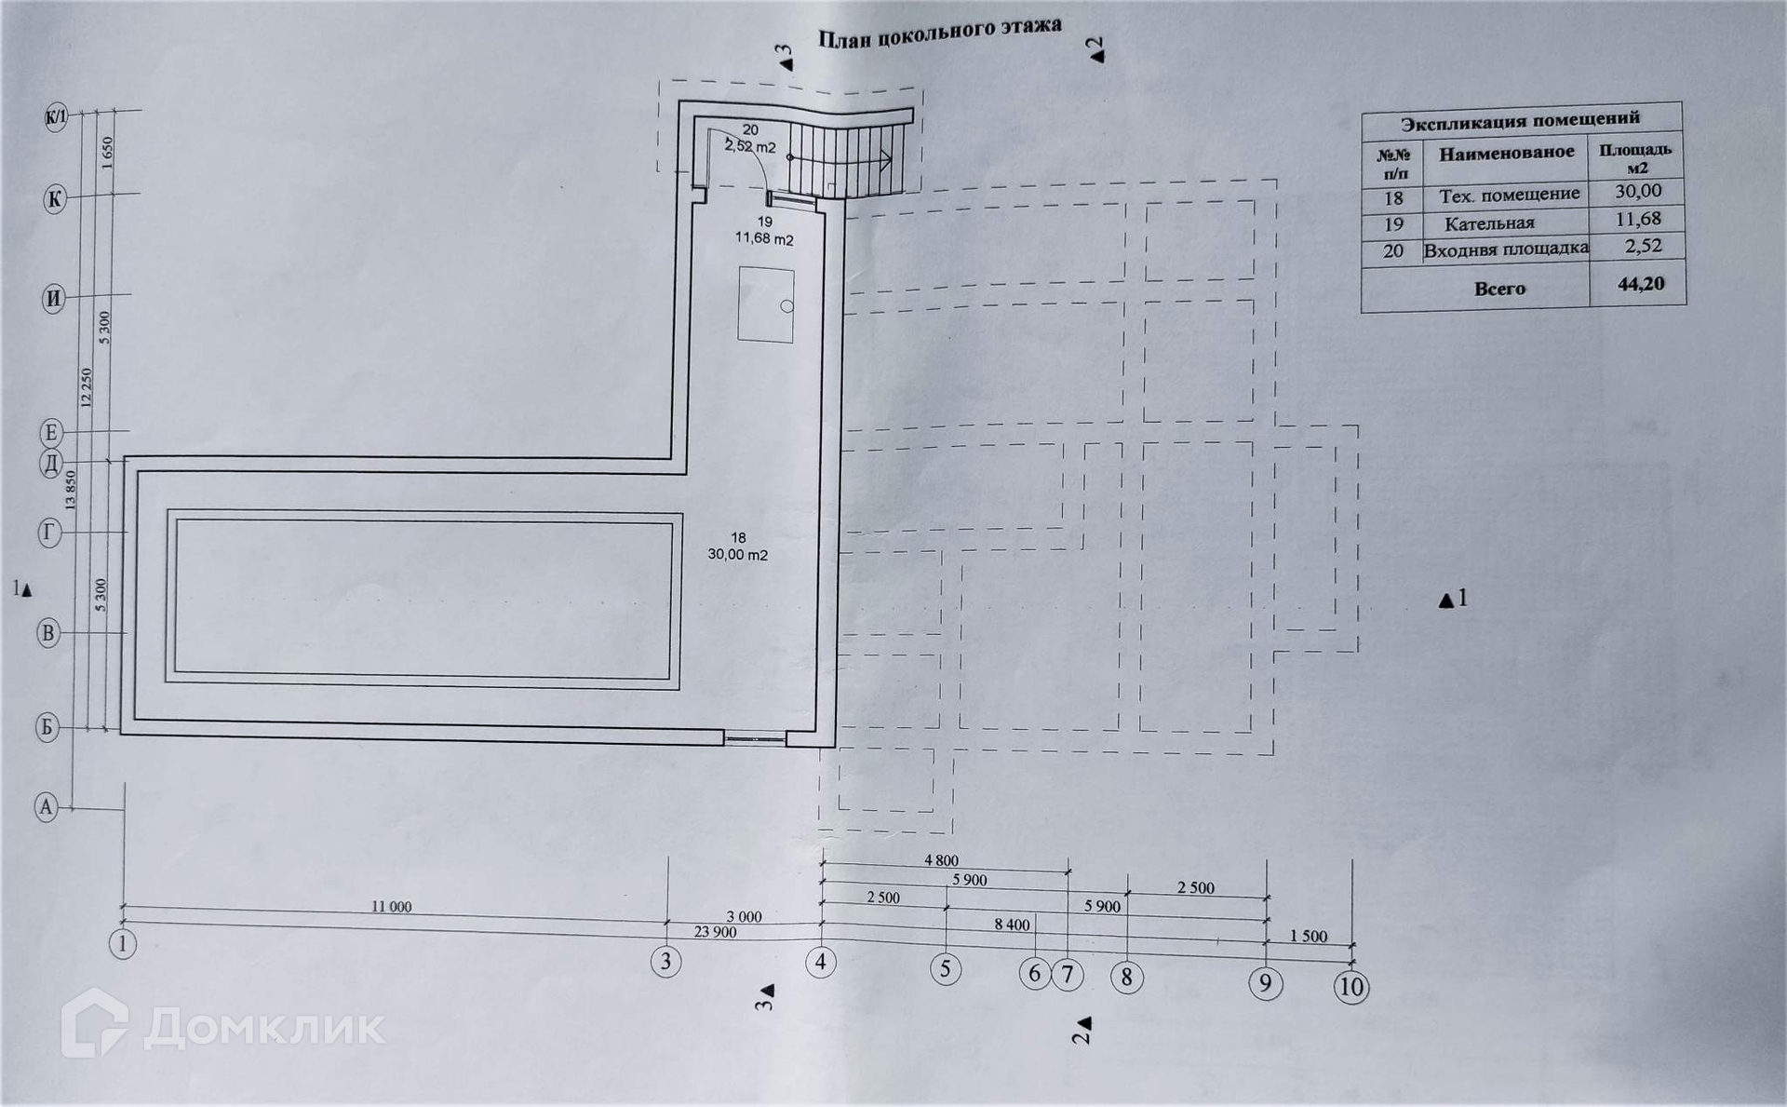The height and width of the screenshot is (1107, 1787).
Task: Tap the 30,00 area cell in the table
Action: [x=1637, y=191]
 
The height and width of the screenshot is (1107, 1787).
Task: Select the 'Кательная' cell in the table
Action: [x=1489, y=223]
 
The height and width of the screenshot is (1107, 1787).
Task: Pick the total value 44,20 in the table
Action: [x=1640, y=284]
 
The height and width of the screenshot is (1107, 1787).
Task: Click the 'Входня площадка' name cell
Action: [x=1505, y=250]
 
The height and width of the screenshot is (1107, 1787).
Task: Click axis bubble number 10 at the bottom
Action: [x=1351, y=986]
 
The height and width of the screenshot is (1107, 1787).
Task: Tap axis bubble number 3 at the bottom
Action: [x=665, y=961]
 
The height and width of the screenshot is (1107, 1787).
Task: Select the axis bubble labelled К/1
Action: [x=56, y=117]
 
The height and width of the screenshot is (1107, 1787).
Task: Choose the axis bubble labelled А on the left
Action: [x=47, y=807]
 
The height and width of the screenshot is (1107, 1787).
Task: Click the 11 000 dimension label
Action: [x=391, y=907]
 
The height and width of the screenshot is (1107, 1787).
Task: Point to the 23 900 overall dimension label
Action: [x=715, y=932]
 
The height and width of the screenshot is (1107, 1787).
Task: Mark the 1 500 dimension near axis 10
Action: [x=1309, y=937]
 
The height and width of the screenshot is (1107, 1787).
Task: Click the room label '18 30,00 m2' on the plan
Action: [x=738, y=547]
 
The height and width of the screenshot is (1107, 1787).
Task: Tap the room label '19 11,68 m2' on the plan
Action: [x=764, y=230]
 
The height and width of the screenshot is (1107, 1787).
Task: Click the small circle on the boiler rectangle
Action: [x=786, y=306]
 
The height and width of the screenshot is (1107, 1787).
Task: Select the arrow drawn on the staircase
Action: [x=847, y=158]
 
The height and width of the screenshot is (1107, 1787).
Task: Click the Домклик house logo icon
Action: [x=93, y=1024]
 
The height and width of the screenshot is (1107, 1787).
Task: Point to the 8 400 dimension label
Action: [x=1012, y=925]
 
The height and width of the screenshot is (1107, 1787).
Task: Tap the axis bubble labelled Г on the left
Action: [x=49, y=533]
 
